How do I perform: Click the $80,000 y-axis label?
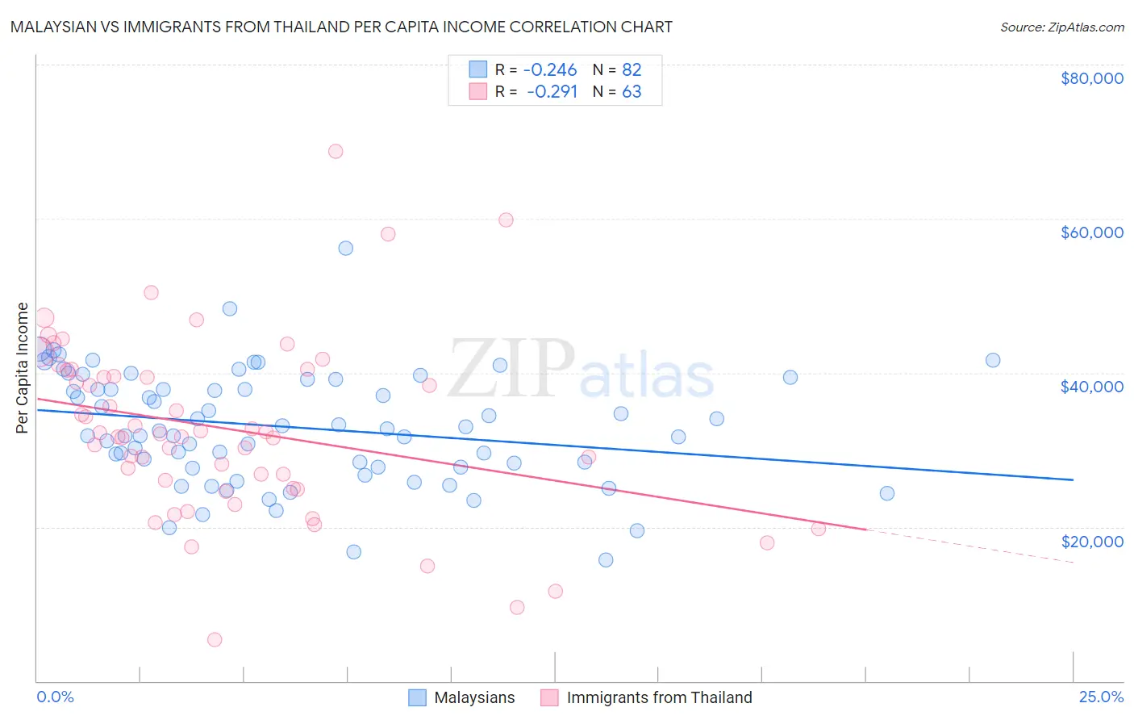[x=1091, y=78]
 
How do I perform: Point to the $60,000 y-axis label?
[x=1091, y=232]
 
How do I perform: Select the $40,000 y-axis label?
[x=1091, y=387]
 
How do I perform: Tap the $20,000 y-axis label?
[x=1091, y=541]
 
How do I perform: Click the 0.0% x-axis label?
[x=55, y=697]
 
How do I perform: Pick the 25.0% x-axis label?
[x=1101, y=697]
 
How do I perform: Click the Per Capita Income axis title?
[x=23, y=367]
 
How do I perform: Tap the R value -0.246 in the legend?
[x=550, y=70]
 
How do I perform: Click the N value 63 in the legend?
[x=632, y=92]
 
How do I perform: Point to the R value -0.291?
[x=552, y=92]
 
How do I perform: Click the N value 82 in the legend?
[x=632, y=70]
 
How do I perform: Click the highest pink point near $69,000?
[x=336, y=151]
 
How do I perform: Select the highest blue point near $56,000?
[x=345, y=248]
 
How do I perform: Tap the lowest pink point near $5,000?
[x=215, y=639]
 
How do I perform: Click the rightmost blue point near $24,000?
[x=886, y=493]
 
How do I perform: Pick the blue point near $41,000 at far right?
[x=993, y=360]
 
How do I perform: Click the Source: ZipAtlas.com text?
[x=1061, y=27]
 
